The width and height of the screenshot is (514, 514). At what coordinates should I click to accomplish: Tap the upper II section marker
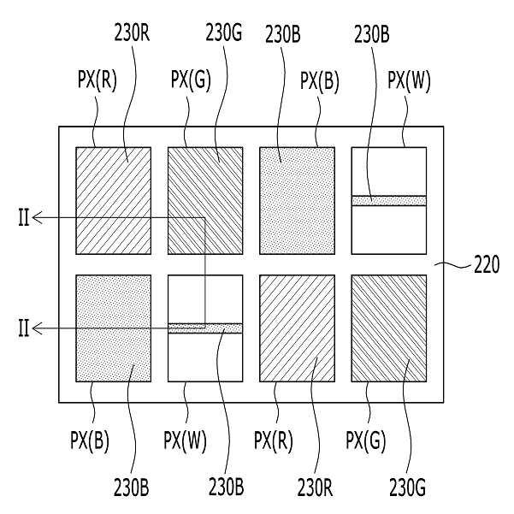[23, 218]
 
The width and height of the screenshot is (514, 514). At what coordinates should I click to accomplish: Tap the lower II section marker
[23, 328]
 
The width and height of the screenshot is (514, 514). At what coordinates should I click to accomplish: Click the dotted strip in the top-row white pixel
[388, 200]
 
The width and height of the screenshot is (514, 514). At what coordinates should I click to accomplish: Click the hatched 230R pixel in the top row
[114, 201]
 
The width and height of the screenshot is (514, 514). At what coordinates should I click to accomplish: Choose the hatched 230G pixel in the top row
[205, 201]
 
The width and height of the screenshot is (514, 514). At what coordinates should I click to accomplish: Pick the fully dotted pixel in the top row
[297, 201]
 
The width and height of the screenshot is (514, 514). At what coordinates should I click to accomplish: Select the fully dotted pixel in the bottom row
[114, 328]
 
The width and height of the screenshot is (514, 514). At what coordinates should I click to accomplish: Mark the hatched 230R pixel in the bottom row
[297, 328]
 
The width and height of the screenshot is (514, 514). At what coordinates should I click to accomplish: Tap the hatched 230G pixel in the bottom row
[388, 328]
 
